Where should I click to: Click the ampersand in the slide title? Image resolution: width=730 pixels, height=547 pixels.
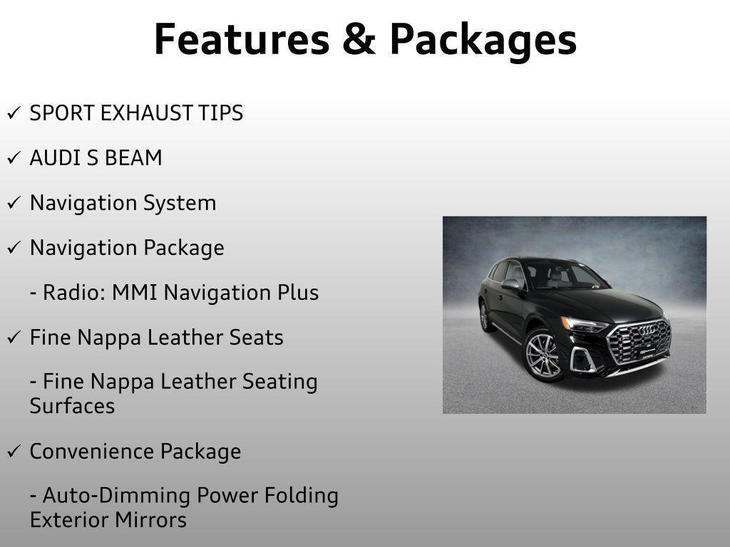tap(359, 40)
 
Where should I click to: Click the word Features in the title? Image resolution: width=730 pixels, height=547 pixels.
tap(242, 40)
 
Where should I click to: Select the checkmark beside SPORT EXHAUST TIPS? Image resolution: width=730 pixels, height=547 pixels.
tap(14, 113)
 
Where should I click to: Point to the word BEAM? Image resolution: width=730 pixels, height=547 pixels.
tap(133, 157)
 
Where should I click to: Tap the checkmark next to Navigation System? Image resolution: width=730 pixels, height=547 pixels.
tap(14, 202)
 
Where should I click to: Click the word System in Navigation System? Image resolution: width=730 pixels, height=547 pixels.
tap(180, 204)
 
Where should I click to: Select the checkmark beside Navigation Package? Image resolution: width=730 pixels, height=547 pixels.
tap(14, 247)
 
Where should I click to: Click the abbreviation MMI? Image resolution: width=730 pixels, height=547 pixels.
tap(135, 293)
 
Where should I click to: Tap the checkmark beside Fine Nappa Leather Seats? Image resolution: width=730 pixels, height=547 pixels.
tap(14, 337)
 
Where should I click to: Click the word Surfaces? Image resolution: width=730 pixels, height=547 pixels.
tap(72, 406)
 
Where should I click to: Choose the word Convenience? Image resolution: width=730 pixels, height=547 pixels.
tap(92, 451)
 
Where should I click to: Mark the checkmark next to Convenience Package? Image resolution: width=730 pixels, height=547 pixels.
tap(14, 451)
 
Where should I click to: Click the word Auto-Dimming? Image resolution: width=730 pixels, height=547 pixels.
tap(116, 496)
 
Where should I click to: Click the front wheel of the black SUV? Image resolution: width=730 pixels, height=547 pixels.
tap(543, 355)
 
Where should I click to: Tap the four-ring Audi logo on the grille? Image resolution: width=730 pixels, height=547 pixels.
tap(647, 330)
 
